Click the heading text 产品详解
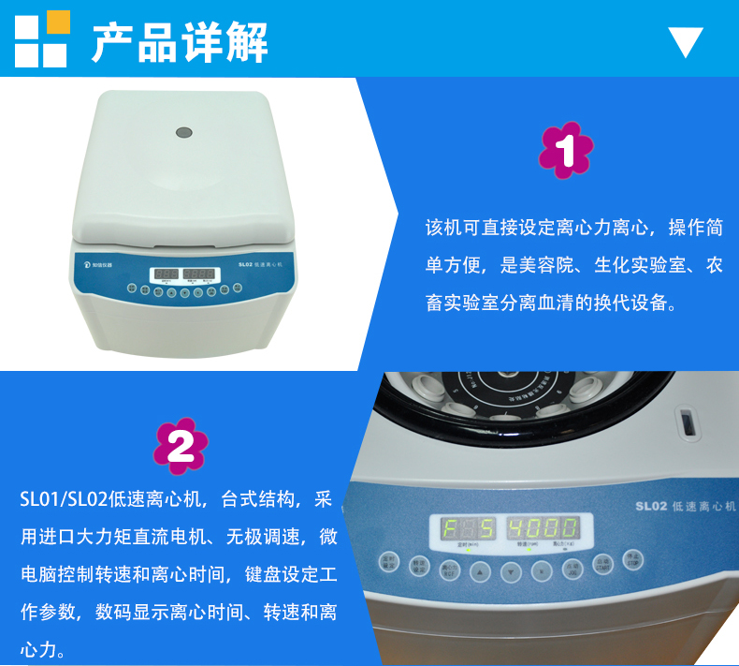[x=180, y=40]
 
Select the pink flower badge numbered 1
[x=567, y=150]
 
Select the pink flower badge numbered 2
[x=181, y=446]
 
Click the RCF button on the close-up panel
[x=449, y=568]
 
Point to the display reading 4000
[x=543, y=527]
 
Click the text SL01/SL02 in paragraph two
[x=64, y=499]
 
